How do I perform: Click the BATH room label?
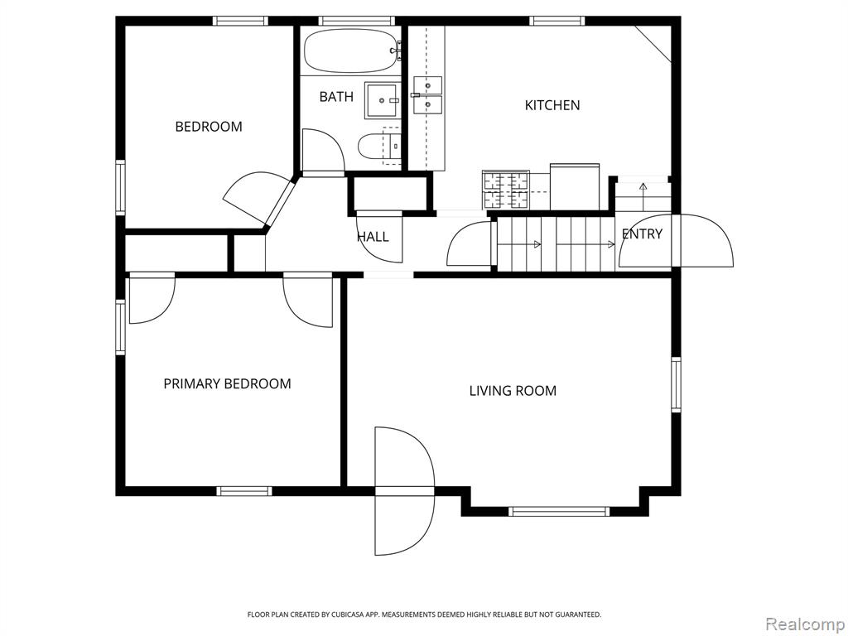point(336,97)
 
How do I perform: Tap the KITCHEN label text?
point(552,105)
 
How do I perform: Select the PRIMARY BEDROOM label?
point(227,384)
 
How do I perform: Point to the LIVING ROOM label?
point(513,391)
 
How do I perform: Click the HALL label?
point(373,236)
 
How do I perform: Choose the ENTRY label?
point(642,234)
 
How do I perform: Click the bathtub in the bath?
point(351,51)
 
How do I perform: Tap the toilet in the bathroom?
point(378,146)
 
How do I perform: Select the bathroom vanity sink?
point(383,100)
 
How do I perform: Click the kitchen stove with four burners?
point(506,190)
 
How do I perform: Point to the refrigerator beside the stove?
point(575,186)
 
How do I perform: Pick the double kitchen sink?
point(428,95)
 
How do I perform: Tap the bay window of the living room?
point(559,511)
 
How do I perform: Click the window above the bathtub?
point(355,21)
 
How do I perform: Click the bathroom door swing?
point(324,151)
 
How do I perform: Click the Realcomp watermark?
point(804,624)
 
